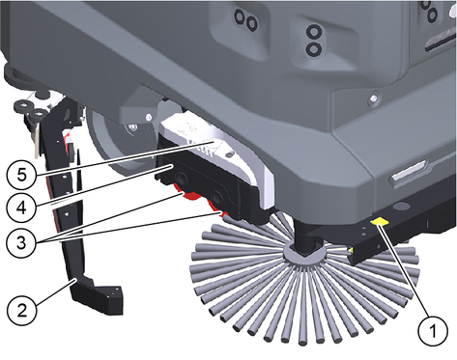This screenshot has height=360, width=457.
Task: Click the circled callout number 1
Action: pos(433,330)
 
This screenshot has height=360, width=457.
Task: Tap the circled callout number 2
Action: pos(21,311)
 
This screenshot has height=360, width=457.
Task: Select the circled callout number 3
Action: pos(21,242)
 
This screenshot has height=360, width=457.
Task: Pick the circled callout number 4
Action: pos(21,208)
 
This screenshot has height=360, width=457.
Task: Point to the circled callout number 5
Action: pos(21,176)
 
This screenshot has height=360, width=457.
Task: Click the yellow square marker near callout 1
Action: pos(380,221)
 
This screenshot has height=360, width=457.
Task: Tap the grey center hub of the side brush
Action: pos(303,254)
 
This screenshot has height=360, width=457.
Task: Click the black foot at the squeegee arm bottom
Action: pos(97,295)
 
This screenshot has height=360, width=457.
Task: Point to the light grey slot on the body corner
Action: pos(410,171)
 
